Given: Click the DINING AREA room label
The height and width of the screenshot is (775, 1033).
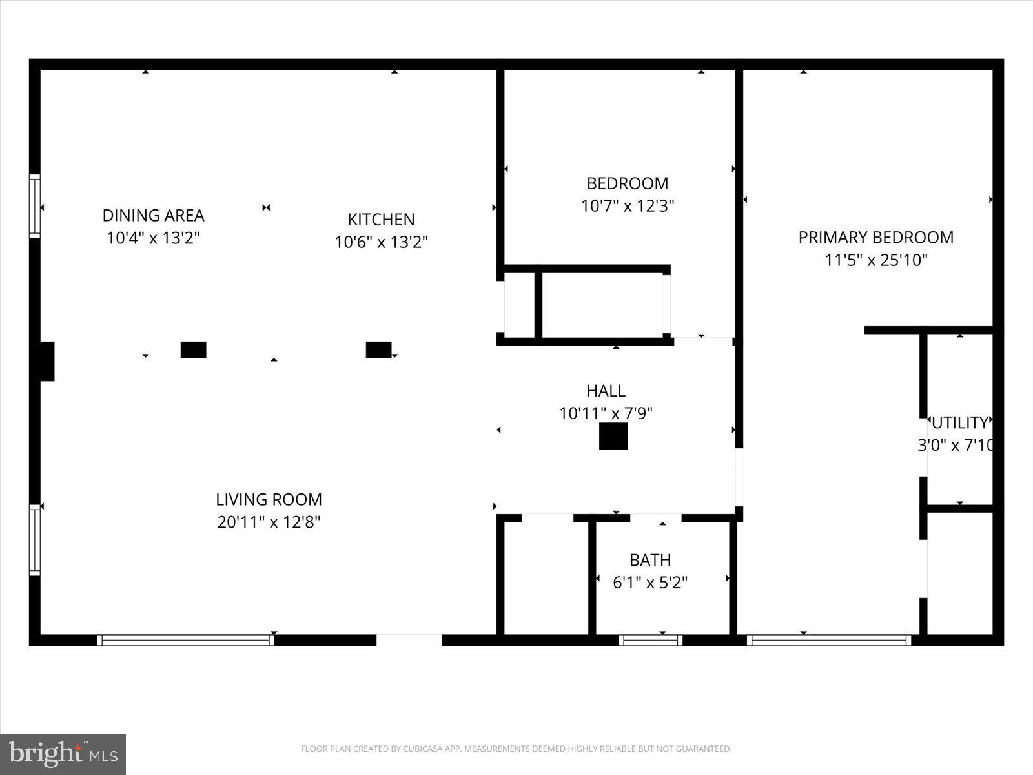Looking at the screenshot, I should pos(153,215).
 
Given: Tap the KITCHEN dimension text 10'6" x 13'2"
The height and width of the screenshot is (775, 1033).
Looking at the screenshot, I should pos(381,242).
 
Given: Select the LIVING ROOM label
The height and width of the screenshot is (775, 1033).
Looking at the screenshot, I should pos(269,499).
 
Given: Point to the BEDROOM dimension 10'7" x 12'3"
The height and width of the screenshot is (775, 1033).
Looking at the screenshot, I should pos(628,206).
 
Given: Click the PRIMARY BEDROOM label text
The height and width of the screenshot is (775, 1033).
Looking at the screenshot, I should pos(875,237).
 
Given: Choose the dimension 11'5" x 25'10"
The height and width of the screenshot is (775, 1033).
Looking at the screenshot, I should pos(876,260).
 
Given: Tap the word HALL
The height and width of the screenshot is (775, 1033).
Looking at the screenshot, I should pos(606,391).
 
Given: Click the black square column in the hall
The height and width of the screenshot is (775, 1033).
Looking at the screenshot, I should pos(613,436).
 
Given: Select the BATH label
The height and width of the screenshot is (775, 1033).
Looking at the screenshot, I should pos(650,560).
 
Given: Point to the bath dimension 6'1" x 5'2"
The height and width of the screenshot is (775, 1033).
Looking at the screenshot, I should pos(650,583).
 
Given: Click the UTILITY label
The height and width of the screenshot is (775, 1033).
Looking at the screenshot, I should pos(959,422).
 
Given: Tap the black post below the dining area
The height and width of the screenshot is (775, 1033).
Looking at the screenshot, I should pos(193,349).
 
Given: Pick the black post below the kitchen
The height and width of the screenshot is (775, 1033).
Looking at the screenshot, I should pos(378,349).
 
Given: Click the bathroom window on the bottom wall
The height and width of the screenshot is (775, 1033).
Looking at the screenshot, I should pos(650,640).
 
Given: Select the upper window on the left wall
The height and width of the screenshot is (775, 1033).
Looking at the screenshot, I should pos(35,206).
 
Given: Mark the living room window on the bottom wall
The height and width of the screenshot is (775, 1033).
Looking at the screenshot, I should pos(186,640).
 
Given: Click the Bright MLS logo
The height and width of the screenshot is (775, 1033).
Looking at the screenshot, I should pos(63,754).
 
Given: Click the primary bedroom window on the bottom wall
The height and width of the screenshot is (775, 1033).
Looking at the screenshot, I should pos(828,640).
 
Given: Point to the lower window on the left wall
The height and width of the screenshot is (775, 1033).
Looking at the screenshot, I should pos(35,540).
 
